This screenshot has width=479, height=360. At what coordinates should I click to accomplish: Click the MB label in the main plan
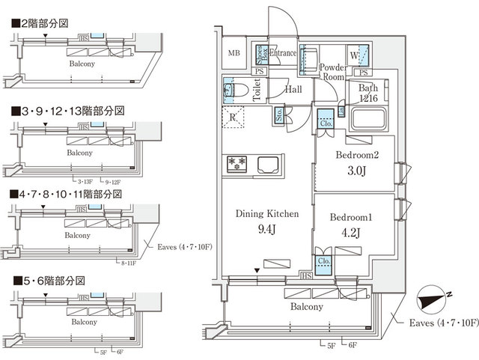pyautogui.click(x=234, y=52)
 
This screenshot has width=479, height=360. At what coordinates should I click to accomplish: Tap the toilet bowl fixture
pyautogui.click(x=229, y=89)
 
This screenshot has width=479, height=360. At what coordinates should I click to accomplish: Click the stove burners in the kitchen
pyautogui.click(x=237, y=162)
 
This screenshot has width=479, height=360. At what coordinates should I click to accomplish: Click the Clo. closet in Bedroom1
pyautogui.click(x=324, y=262)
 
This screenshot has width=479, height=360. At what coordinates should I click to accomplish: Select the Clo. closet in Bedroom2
pyautogui.click(x=326, y=120)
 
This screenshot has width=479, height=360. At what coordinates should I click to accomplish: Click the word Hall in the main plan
pyautogui.click(x=293, y=88)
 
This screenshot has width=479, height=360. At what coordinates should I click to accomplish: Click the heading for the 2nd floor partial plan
pyautogui.click(x=41, y=23)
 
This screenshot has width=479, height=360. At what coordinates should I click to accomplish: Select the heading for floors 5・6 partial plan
pyautogui.click(x=48, y=280)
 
